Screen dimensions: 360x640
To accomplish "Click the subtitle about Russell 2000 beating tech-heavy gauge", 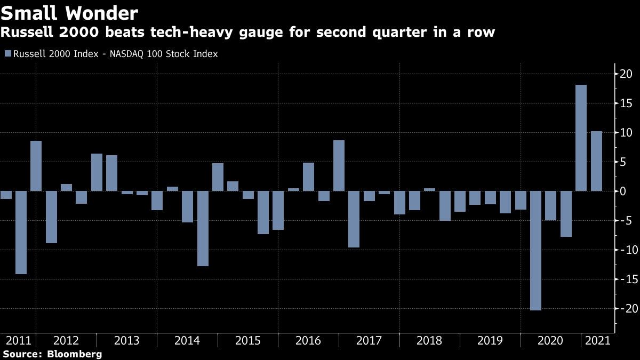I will click(x=248, y=33).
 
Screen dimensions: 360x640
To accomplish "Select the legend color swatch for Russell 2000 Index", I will click(x=7, y=54).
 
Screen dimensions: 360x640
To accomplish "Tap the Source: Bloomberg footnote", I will click(x=52, y=354).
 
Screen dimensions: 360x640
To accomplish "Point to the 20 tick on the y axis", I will click(x=626, y=74).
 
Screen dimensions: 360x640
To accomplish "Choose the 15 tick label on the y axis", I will click(x=626, y=103).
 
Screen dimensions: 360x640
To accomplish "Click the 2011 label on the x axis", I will click(x=17, y=341).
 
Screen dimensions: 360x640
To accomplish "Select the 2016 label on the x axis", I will click(x=308, y=341).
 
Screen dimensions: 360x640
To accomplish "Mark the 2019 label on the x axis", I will click(x=490, y=341).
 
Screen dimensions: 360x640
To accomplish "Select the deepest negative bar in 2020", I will click(x=536, y=250).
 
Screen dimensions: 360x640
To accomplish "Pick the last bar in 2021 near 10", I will click(x=596, y=161).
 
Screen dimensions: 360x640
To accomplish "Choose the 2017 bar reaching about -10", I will click(x=354, y=219).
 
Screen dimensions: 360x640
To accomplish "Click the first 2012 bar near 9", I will click(x=36, y=166).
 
